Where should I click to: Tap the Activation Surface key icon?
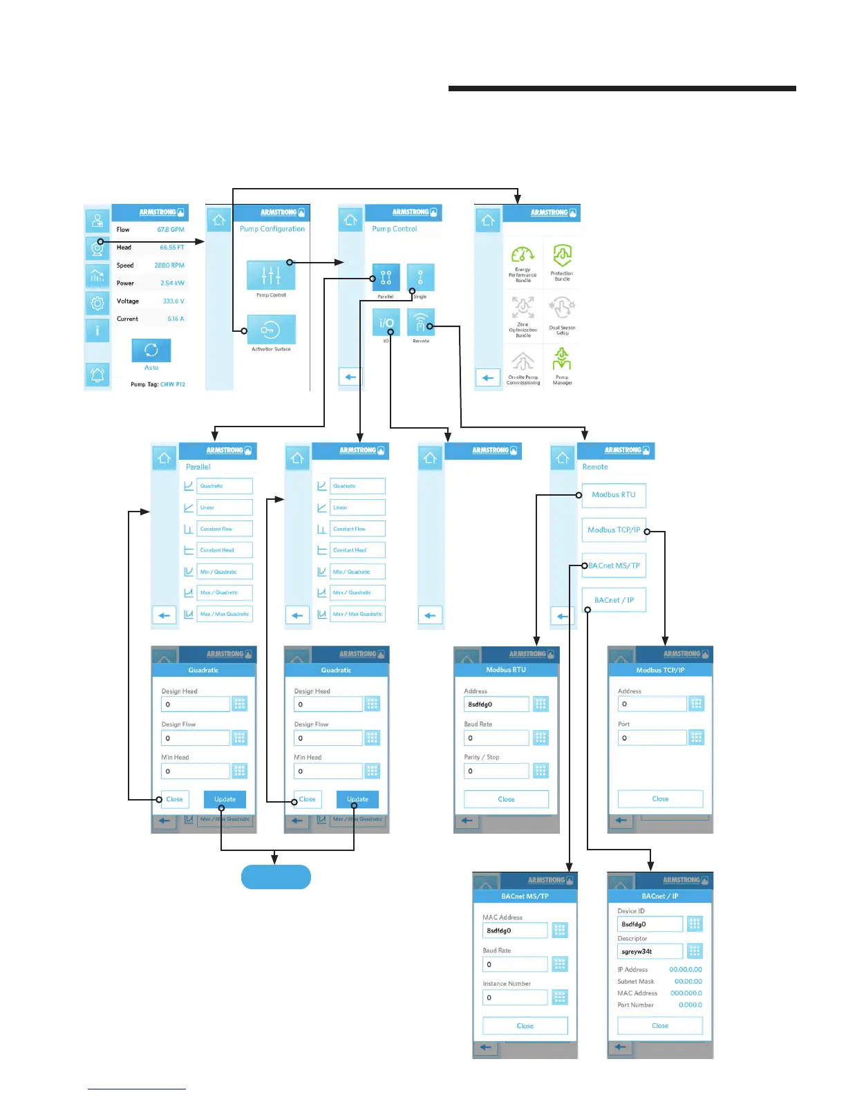tap(271, 330)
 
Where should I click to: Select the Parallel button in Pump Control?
tap(386, 277)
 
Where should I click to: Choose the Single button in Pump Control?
tap(420, 277)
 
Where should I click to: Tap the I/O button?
tap(386, 322)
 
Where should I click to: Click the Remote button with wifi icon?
tap(420, 322)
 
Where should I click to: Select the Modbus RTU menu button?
tap(614, 495)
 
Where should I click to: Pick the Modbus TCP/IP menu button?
tap(614, 530)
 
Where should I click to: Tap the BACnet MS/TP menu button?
tap(614, 565)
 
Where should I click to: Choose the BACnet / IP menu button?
tap(614, 600)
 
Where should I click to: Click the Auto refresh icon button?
tap(151, 350)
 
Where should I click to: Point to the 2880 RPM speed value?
tap(169, 265)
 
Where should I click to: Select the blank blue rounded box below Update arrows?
tap(276, 877)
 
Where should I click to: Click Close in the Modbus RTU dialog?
tap(506, 799)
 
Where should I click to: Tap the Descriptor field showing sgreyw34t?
tap(650, 952)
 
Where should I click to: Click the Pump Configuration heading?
tap(272, 229)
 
